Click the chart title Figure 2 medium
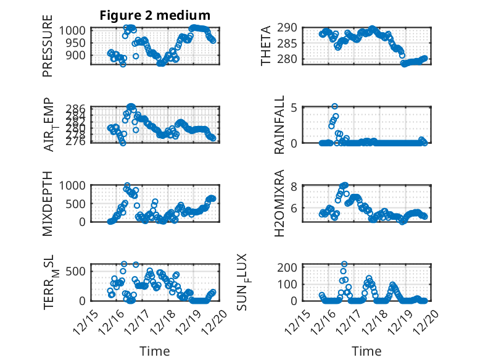(x=155, y=15)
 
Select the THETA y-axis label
(x=266, y=46)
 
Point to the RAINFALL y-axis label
(x=279, y=125)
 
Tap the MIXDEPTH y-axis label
(x=48, y=203)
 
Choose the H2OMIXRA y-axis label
(x=279, y=203)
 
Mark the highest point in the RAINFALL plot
(x=334, y=106)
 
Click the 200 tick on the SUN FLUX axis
(x=290, y=267)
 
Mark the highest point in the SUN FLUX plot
(x=344, y=264)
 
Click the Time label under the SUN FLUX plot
(x=366, y=351)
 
